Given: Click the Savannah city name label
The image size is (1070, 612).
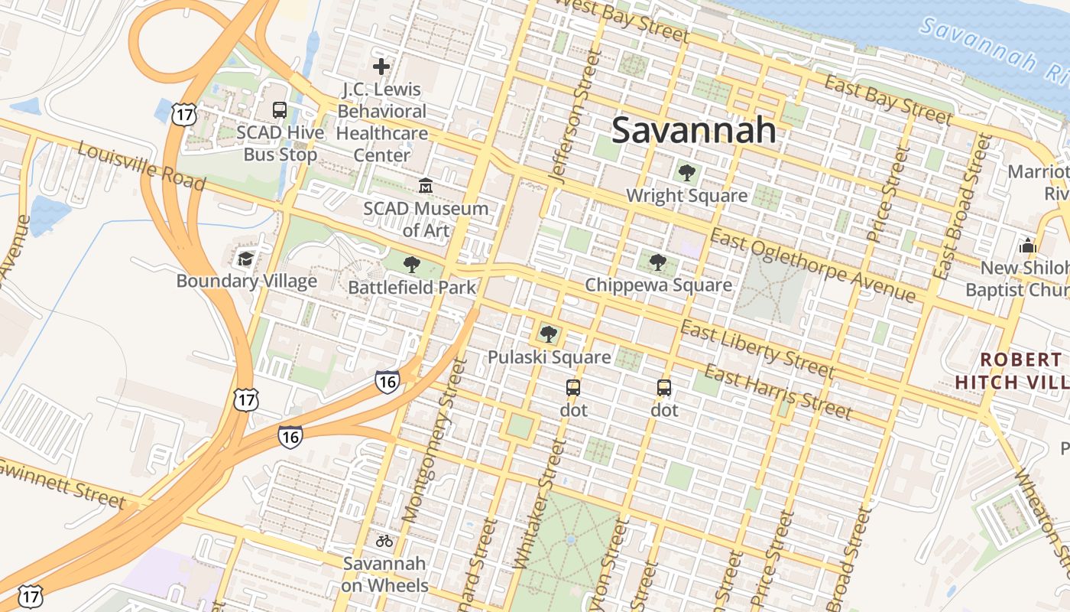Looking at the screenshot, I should (694, 130).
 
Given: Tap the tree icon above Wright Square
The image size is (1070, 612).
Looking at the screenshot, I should (687, 173).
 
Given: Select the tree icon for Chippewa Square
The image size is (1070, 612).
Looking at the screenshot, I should (657, 263).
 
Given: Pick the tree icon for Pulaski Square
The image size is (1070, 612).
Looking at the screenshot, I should (548, 334).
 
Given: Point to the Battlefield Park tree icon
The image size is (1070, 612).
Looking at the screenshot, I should (412, 265).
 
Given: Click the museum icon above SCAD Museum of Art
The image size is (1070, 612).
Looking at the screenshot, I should (425, 186).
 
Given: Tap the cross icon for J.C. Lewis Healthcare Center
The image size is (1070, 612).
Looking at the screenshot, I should (381, 67).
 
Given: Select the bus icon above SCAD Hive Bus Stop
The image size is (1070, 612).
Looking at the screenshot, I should (280, 110).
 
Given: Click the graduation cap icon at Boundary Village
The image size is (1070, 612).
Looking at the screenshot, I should (245, 259).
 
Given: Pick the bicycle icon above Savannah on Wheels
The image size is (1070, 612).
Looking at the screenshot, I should (384, 541).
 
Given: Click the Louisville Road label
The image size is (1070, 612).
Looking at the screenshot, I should (141, 165).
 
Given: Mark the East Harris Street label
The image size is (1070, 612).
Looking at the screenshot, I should (777, 392).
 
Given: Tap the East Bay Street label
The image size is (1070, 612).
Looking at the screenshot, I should (888, 100).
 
